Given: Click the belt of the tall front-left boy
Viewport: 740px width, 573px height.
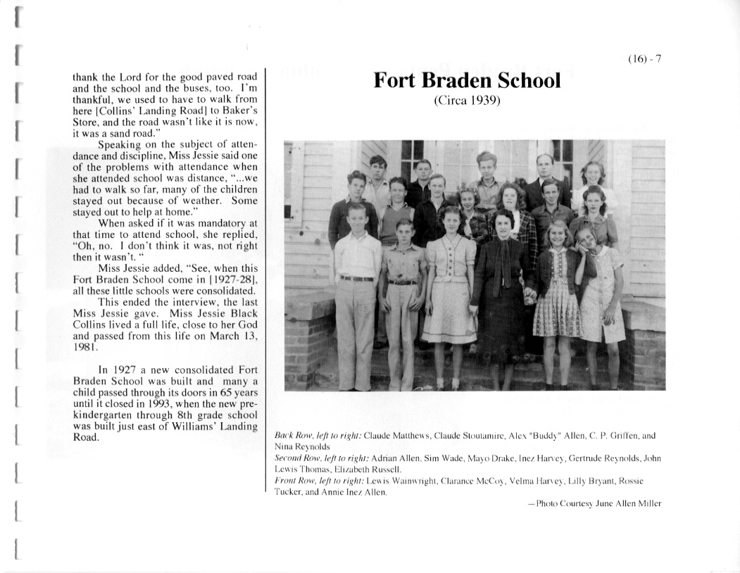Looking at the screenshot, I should pos(357,278).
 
